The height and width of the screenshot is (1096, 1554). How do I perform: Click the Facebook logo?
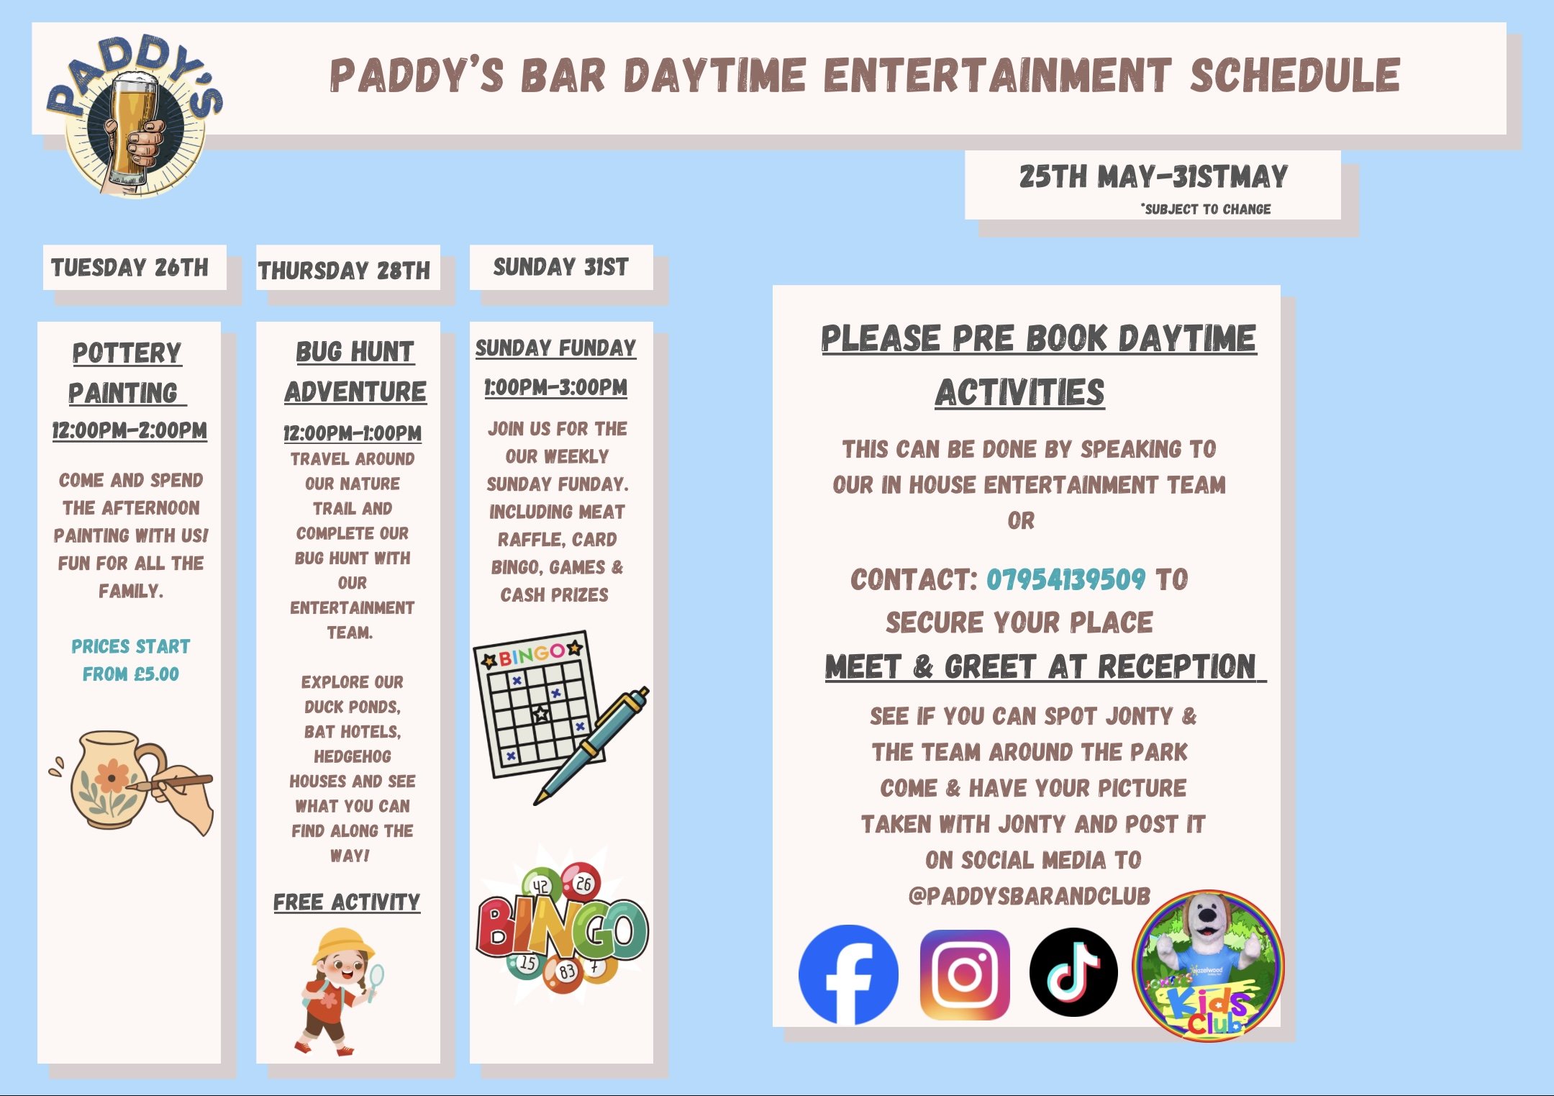[x=848, y=974]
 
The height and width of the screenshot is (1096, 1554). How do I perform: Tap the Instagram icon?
[x=964, y=974]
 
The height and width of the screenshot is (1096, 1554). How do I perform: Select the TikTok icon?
[x=1073, y=972]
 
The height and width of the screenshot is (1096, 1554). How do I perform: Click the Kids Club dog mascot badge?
[x=1208, y=966]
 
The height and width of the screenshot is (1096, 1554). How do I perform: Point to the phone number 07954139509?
[x=1065, y=579]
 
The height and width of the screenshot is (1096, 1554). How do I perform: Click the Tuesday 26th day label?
[x=129, y=268]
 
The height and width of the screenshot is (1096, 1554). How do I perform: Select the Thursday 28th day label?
[x=344, y=271]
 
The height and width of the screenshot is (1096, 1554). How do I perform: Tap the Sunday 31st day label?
[x=560, y=267]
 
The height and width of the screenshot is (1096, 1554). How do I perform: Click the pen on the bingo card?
[x=591, y=745]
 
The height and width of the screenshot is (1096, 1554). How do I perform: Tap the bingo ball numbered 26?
[x=583, y=884]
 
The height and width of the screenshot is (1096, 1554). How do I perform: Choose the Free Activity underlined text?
[x=347, y=902]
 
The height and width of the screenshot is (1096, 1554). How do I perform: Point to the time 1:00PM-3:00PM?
[x=555, y=387]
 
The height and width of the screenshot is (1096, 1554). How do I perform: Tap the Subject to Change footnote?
[x=1206, y=209]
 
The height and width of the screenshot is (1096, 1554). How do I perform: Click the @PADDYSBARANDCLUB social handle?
[x=1030, y=896]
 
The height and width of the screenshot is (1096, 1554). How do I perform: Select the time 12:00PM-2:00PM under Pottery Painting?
[x=129, y=430]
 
